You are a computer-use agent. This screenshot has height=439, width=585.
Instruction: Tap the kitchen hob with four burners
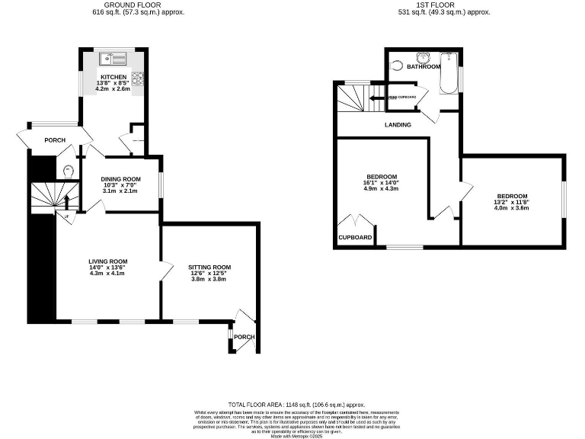coord(139,78)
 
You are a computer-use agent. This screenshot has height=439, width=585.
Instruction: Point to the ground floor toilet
coord(69,171)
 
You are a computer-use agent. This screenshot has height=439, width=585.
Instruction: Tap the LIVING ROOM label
coord(107,261)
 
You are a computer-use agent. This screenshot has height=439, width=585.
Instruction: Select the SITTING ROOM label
coord(209,267)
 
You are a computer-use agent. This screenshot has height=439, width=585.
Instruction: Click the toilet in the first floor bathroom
coord(396,66)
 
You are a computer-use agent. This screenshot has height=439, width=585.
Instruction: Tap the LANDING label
coord(398,125)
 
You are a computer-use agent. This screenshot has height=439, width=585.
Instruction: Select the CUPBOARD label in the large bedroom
coord(355,238)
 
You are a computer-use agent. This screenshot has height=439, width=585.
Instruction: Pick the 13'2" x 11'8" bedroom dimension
coord(511,201)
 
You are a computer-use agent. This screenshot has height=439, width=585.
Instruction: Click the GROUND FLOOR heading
coord(133,5)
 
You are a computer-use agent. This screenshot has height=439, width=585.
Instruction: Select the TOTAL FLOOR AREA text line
coord(297,404)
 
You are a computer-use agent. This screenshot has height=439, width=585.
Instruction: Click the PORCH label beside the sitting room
coord(244,337)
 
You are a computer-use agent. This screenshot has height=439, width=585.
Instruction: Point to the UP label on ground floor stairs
coord(68,217)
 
